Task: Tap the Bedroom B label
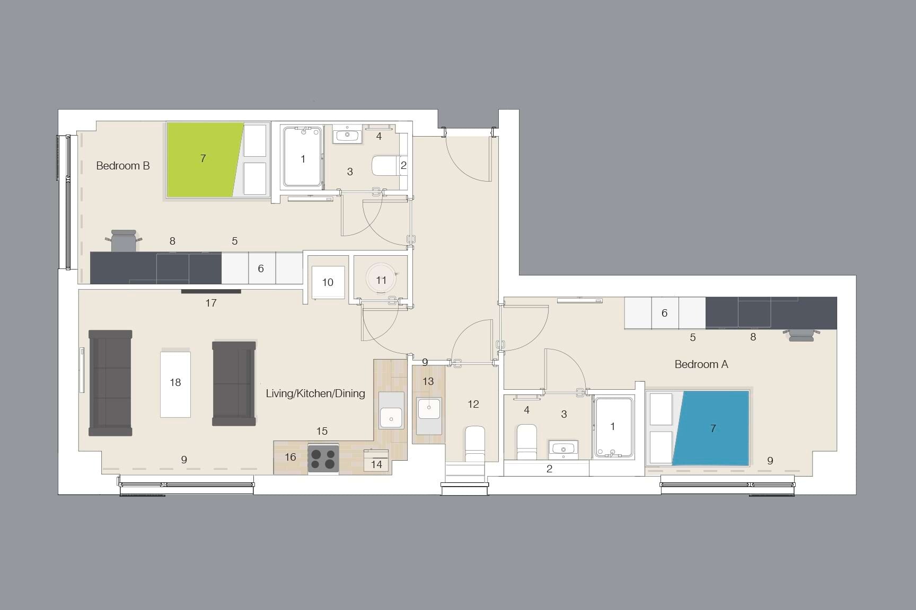point(123,166)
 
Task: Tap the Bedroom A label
point(701,364)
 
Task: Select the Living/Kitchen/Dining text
point(315,393)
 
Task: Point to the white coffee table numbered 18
point(175,382)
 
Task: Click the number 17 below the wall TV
point(211,303)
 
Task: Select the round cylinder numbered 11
point(381,280)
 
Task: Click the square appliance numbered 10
point(328,282)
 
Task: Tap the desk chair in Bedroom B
point(125,241)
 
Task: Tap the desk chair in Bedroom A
point(800,335)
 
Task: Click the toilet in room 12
point(475,444)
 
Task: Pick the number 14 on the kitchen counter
point(376,464)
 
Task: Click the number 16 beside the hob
point(290,457)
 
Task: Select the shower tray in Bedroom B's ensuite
point(303,157)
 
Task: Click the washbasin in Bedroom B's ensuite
point(347,136)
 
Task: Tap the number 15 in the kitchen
point(322,431)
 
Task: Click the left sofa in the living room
point(110,382)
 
